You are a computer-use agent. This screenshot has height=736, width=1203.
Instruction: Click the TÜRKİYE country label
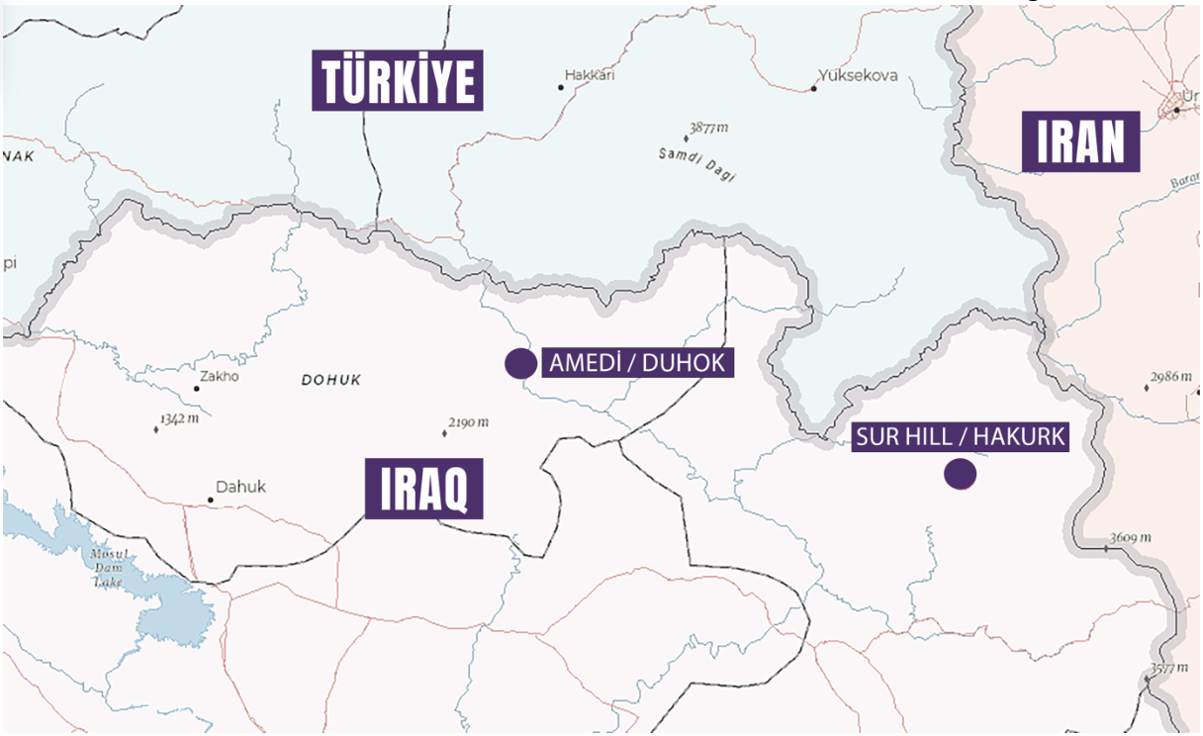click(398, 81)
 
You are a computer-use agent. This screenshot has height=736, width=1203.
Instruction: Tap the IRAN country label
click(1080, 142)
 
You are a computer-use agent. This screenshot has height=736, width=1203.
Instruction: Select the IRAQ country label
click(423, 489)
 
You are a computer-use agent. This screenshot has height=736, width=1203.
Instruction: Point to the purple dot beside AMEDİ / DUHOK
click(520, 364)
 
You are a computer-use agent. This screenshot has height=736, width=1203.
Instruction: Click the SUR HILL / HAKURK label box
click(961, 438)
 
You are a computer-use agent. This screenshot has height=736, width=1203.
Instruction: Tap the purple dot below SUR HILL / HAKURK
click(960, 475)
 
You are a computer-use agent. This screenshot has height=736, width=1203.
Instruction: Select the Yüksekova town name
click(858, 75)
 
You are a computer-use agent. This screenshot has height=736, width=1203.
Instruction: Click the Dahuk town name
click(241, 487)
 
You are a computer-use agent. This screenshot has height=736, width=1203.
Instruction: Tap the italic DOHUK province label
click(331, 380)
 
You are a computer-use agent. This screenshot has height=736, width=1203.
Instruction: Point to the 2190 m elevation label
click(469, 423)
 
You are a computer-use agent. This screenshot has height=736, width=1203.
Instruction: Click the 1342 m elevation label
click(179, 419)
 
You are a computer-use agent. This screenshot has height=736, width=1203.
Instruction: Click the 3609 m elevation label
click(1131, 537)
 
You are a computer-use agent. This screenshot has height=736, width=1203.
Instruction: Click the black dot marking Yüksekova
click(814, 88)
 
